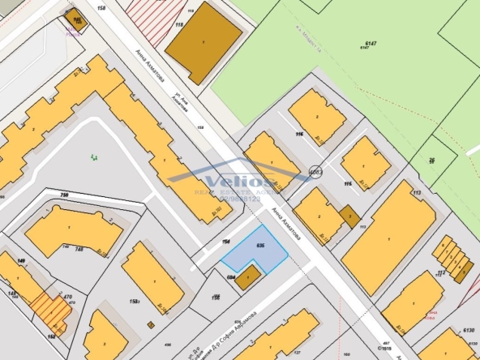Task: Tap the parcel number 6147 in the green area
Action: tap(371, 44)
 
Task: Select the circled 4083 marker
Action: tap(315, 172)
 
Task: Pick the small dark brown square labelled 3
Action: tap(349, 216)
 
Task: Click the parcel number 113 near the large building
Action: tap(417, 193)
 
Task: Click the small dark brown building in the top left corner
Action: tap(79, 19)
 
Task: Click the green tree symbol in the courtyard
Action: tap(96, 156)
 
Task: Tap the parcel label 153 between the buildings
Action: tap(132, 302)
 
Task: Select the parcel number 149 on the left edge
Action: tap(20, 261)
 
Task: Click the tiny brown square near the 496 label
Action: tap(151, 324)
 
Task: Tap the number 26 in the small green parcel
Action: tap(432, 161)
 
